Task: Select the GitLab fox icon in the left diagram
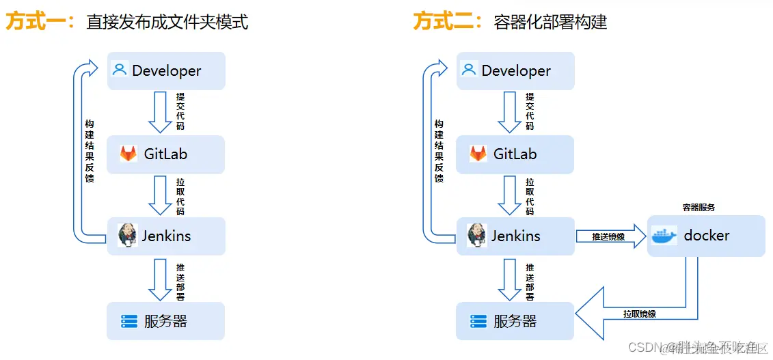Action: (128, 154)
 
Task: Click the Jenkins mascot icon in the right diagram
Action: (476, 236)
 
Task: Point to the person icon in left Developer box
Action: (120, 70)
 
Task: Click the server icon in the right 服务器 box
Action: (478, 321)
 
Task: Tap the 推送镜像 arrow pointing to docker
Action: (609, 237)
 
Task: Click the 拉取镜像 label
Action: (639, 314)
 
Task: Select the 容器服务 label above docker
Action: (699, 207)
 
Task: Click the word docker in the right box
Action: (707, 236)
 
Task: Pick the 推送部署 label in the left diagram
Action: (180, 281)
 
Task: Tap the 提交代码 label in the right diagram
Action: (530, 111)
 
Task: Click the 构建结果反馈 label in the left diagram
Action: (90, 151)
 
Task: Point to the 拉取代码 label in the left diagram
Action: (180, 197)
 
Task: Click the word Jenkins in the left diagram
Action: (166, 236)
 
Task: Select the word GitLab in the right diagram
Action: (515, 154)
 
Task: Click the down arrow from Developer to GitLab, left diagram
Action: (160, 112)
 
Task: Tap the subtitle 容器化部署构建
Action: (550, 23)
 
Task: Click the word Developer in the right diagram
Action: (516, 70)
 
